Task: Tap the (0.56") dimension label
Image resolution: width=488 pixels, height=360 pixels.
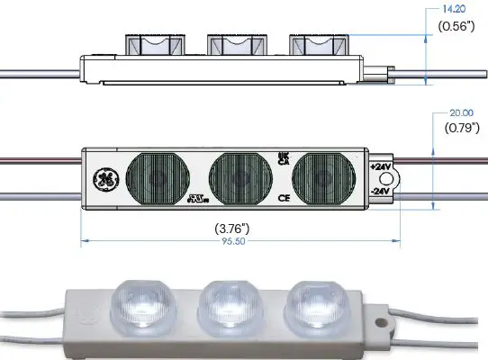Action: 457,26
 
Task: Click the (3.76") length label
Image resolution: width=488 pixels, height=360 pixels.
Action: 235,228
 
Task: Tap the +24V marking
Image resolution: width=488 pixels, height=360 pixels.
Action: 381,167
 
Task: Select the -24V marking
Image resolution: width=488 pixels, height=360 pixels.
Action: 381,192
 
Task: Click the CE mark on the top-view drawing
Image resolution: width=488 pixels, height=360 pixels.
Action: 284,196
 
